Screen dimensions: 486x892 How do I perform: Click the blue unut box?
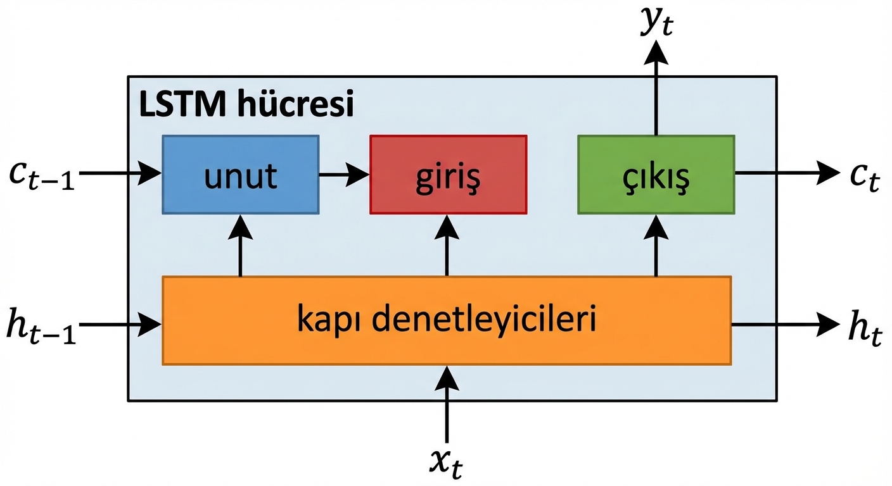(x=241, y=174)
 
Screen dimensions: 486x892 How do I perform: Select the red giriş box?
(x=448, y=174)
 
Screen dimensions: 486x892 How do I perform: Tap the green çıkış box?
(x=656, y=174)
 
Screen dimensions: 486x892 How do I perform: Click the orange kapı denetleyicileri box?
(x=447, y=320)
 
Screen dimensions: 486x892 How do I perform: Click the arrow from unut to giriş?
(x=344, y=174)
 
